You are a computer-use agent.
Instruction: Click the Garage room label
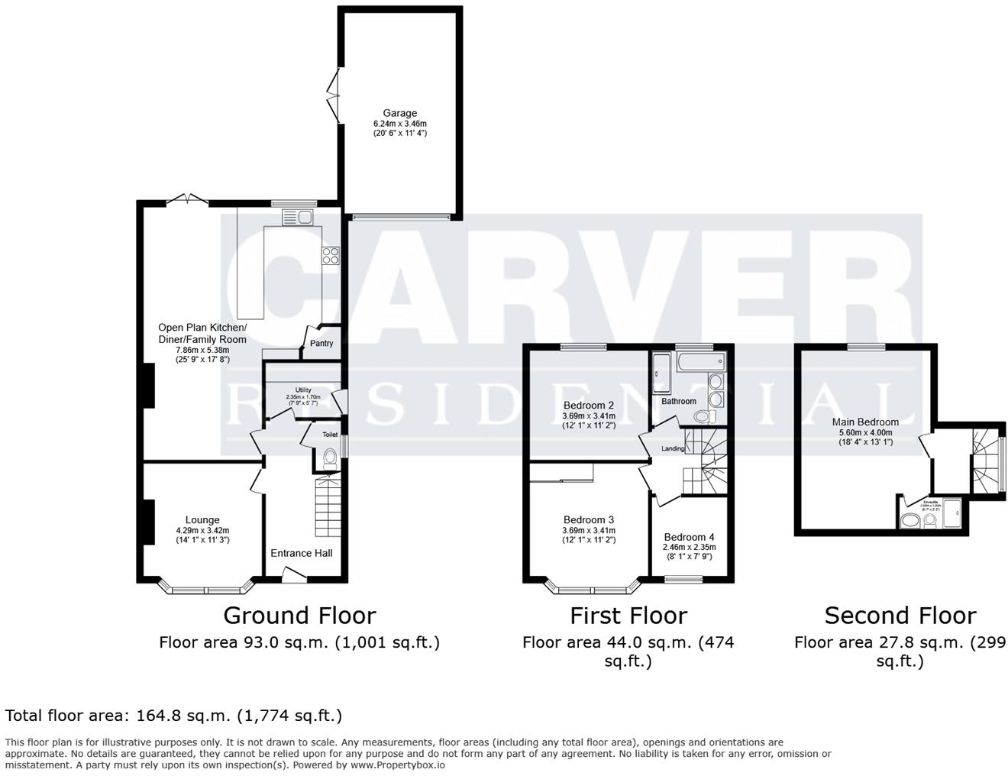[400, 113]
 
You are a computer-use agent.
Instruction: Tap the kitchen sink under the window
[298, 217]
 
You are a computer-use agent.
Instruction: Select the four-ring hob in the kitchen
[331, 255]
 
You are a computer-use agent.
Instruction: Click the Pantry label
[321, 343]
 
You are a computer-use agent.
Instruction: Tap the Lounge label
[202, 520]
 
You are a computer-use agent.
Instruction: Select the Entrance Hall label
[302, 553]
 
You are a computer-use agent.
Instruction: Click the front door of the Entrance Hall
[293, 575]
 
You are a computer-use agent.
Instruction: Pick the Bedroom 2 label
[589, 406]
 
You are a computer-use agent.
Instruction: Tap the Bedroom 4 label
[690, 537]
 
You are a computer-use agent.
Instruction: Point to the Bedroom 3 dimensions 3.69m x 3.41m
[589, 530]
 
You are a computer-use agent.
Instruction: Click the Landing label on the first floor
[673, 448]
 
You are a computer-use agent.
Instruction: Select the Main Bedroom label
[865, 422]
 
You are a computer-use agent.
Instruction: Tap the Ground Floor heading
[299, 616]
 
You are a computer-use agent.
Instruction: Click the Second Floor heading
[900, 616]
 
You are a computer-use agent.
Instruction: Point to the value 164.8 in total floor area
[159, 716]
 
